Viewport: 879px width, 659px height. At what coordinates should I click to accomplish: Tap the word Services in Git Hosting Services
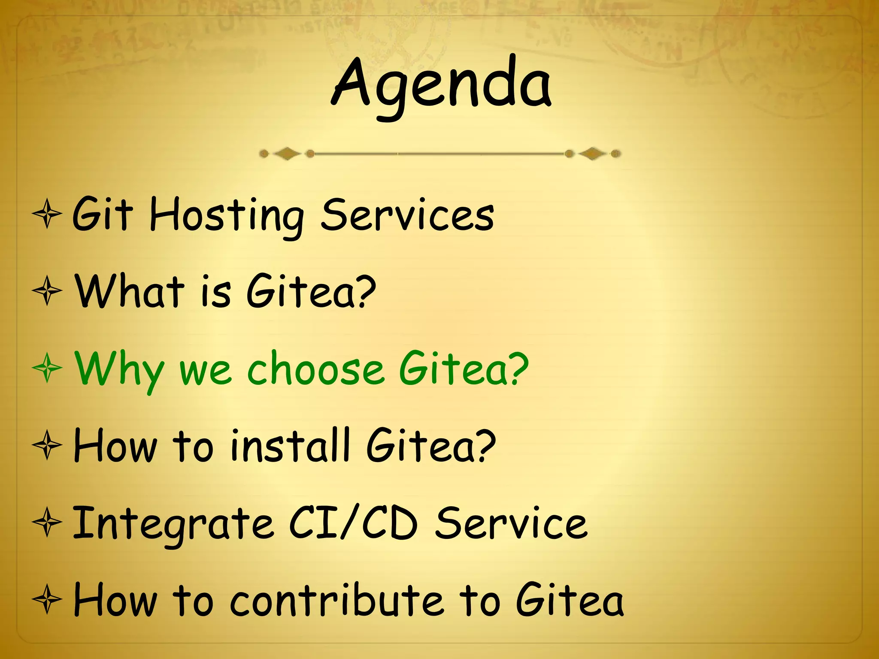pyautogui.click(x=407, y=215)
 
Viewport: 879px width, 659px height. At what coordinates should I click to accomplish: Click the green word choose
pyautogui.click(x=315, y=369)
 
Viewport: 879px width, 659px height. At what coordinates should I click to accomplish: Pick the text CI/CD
pyautogui.click(x=353, y=523)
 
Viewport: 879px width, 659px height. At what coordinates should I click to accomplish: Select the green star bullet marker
pyautogui.click(x=47, y=368)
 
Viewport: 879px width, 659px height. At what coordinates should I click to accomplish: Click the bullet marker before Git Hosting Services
pyautogui.click(x=47, y=214)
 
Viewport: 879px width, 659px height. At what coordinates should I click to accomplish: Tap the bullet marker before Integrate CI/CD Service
pyautogui.click(x=47, y=523)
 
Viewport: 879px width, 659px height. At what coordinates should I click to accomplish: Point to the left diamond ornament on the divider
pyautogui.click(x=287, y=154)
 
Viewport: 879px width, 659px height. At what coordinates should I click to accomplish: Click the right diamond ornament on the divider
pyautogui.click(x=593, y=154)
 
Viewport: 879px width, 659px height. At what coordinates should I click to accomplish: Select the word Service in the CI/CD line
pyautogui.click(x=511, y=523)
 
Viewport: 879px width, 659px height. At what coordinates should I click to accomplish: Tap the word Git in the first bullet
pyautogui.click(x=102, y=215)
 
